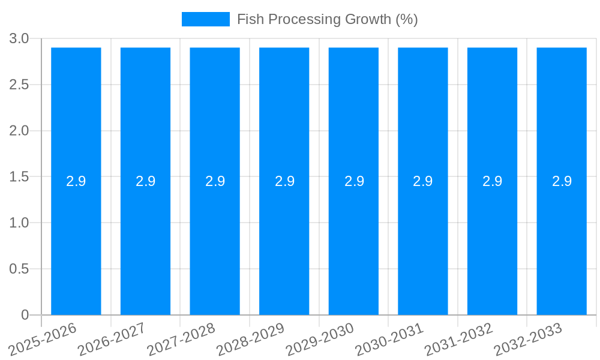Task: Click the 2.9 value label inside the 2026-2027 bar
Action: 146,181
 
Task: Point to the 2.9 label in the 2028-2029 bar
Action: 284,181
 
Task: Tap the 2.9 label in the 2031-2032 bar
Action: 493,181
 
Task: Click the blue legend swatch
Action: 206,19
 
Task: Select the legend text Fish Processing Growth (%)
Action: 327,19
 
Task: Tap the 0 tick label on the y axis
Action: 25,315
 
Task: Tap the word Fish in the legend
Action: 250,19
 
